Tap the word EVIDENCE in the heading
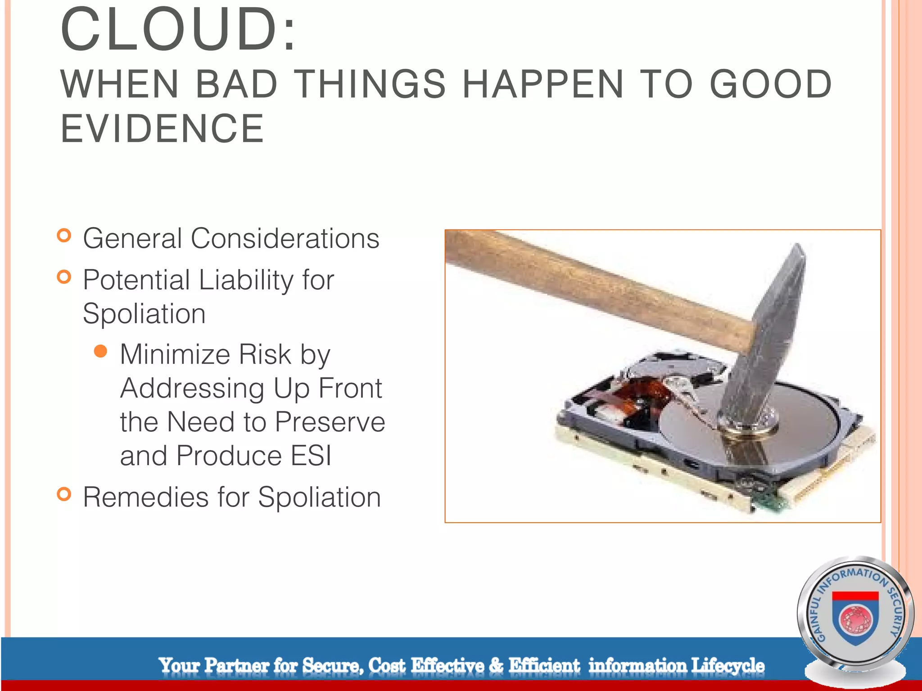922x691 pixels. coord(162,129)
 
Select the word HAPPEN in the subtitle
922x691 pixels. coord(543,84)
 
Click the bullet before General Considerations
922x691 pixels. coord(64,236)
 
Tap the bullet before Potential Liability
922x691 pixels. coord(64,277)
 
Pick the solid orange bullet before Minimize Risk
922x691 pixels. coord(101,351)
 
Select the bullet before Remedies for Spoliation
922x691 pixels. coord(64,494)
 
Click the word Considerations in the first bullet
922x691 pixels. coord(285,238)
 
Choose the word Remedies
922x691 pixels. coord(145,498)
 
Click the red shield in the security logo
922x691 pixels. coord(855,619)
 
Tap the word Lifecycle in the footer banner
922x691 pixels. coord(728,665)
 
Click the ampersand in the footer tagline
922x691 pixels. coord(496,665)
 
